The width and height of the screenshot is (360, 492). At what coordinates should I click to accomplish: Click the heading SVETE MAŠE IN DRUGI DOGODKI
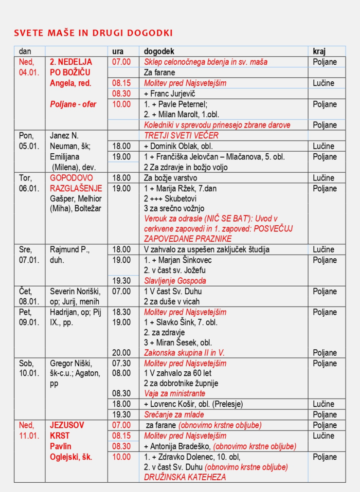click(93, 33)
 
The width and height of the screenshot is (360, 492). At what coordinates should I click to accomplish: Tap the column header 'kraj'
click(319, 51)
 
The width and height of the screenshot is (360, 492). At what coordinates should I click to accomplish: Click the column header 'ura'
click(118, 51)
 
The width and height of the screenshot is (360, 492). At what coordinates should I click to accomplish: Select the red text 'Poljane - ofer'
click(73, 104)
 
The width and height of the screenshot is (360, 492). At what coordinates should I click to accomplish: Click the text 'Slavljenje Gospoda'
click(175, 281)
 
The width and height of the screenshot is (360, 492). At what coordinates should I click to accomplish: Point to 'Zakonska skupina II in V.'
click(184, 353)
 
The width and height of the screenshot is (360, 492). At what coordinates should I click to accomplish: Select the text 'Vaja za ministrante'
click(174, 393)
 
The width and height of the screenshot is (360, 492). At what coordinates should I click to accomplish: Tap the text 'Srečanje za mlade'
click(174, 415)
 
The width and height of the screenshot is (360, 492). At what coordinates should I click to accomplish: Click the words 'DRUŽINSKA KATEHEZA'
click(185, 477)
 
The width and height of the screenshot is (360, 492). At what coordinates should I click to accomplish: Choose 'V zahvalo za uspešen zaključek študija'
click(207, 249)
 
